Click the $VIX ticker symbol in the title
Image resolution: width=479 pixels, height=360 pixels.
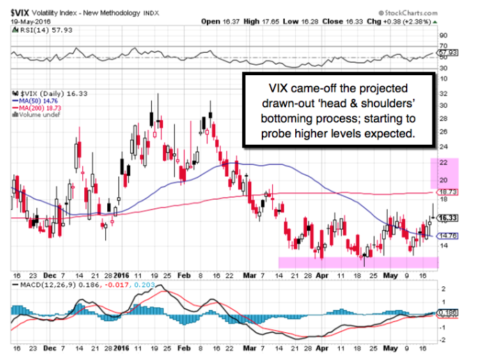[21, 11]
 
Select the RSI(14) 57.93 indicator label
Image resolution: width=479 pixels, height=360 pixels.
[38, 29]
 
